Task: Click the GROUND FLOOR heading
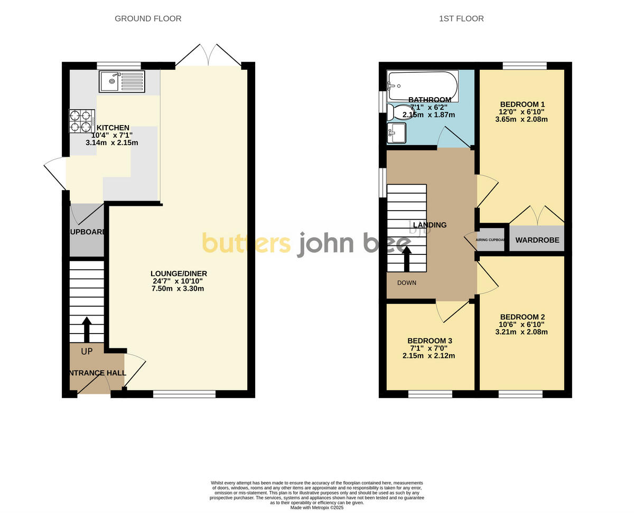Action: (148, 18)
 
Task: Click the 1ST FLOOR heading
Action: (461, 18)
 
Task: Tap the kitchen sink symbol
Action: (122, 81)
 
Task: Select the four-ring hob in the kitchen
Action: (82, 121)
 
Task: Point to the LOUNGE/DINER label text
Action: (179, 273)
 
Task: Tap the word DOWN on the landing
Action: (407, 283)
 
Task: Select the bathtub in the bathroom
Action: (423, 85)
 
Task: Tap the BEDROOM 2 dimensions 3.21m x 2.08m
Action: (521, 332)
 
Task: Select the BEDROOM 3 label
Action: (430, 341)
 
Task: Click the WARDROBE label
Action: (537, 240)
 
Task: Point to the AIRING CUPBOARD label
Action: (491, 240)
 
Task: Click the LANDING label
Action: (430, 225)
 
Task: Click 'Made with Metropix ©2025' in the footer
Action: (317, 508)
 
